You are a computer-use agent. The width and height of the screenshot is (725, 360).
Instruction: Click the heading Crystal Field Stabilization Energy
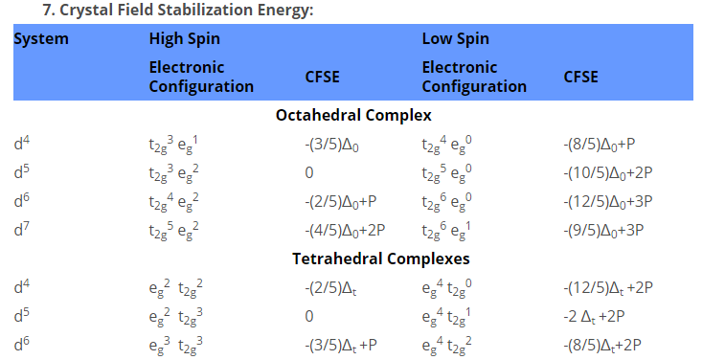click(x=187, y=10)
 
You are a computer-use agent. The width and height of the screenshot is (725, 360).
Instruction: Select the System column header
click(x=41, y=39)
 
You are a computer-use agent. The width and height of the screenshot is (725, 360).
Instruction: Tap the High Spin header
click(x=184, y=39)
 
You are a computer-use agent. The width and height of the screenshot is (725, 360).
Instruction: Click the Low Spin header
click(x=456, y=39)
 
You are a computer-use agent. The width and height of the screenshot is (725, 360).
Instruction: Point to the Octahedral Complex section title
click(x=353, y=115)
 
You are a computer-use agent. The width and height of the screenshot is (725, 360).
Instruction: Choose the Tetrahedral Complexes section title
click(x=380, y=259)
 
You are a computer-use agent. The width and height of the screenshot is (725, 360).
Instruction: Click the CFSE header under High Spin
click(x=322, y=77)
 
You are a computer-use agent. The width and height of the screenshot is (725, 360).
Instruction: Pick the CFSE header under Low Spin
click(x=580, y=77)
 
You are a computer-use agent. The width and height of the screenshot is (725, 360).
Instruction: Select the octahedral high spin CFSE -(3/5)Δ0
click(x=331, y=146)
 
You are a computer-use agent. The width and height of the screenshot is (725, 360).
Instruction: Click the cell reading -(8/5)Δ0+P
click(x=600, y=146)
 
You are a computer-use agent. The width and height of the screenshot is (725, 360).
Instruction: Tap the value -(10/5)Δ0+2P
click(x=607, y=173)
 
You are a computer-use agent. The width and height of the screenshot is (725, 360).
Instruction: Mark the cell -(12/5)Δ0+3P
click(x=607, y=202)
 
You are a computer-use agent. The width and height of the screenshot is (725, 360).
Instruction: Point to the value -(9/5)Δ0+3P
click(x=603, y=231)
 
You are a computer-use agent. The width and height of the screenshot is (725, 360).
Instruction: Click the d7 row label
click(x=21, y=230)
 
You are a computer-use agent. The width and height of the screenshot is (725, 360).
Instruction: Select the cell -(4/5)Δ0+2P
click(x=345, y=231)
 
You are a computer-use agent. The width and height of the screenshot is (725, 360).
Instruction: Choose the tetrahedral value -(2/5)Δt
click(x=330, y=288)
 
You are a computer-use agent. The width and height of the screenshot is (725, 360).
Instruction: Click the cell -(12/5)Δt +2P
click(x=608, y=288)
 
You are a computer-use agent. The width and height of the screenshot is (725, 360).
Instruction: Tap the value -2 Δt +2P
click(x=594, y=317)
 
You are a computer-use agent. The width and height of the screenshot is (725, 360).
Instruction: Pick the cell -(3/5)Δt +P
click(x=341, y=346)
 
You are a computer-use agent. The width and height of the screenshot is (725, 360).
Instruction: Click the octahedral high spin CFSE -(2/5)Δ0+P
click(x=341, y=202)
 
